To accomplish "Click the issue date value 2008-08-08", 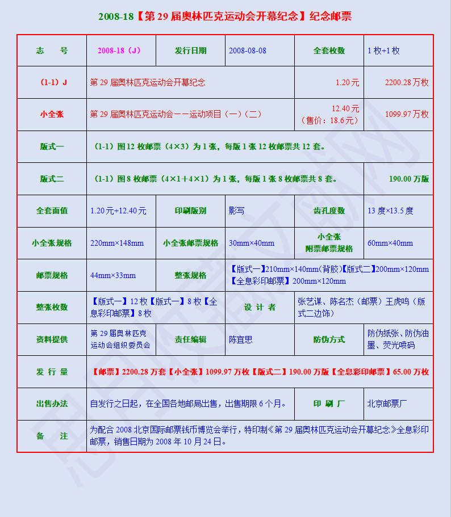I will coord(247,51).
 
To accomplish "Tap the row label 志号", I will coord(52,51).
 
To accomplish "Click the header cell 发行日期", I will coord(190,51).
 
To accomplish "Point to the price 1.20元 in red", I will coord(347,82).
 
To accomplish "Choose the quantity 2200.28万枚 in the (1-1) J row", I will coord(407,82).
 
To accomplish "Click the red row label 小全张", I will coord(52,114).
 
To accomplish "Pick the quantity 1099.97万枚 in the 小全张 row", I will coord(407,114).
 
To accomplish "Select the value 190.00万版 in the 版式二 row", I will coord(409,179).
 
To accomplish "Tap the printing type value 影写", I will coord(236,211).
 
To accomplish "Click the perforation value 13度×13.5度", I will coord(390,211).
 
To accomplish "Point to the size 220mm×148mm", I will coord(117,243).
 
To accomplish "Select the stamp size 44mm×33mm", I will coord(113,275).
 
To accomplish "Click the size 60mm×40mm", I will coord(390,243).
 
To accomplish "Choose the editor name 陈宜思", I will coord(240,339).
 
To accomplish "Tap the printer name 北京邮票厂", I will coord(387,404).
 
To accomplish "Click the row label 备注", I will coord(52,436).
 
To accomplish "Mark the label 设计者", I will coord(260,307).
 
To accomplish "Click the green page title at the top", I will coord(225,16).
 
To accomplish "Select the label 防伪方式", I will coord(329,339).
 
